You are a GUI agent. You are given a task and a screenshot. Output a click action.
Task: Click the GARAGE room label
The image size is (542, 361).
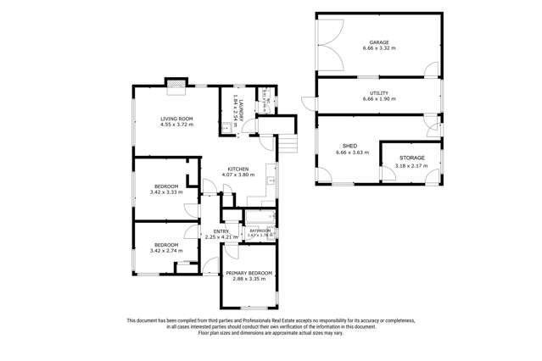click(378, 42)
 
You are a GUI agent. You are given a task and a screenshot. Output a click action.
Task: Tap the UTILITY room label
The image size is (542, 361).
click(378, 92)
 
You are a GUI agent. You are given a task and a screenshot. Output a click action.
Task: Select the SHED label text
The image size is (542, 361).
click(348, 147)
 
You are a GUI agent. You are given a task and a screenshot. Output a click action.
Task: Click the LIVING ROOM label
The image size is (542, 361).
click(176, 119)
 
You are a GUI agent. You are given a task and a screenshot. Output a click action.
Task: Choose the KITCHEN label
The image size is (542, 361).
click(237, 169)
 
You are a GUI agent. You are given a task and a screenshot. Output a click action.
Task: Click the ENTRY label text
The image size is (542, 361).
click(221, 230)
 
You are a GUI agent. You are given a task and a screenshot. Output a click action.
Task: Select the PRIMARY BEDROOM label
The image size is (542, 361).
click(249, 272)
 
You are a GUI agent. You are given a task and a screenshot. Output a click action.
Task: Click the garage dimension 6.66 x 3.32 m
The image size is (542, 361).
click(378, 49)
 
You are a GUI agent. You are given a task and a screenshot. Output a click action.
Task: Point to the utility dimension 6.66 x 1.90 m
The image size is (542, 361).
click(378, 99)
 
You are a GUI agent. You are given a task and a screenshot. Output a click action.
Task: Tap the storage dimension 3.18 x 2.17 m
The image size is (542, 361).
click(411, 167)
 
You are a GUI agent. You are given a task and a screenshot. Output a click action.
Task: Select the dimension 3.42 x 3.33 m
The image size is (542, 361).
click(166, 192)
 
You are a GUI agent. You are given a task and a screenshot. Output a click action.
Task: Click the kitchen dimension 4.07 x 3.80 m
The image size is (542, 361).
click(237, 175)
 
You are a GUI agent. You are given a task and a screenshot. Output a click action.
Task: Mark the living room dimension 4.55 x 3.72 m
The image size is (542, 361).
click(176, 125)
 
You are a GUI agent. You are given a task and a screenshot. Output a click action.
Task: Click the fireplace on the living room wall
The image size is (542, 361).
click(176, 83)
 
